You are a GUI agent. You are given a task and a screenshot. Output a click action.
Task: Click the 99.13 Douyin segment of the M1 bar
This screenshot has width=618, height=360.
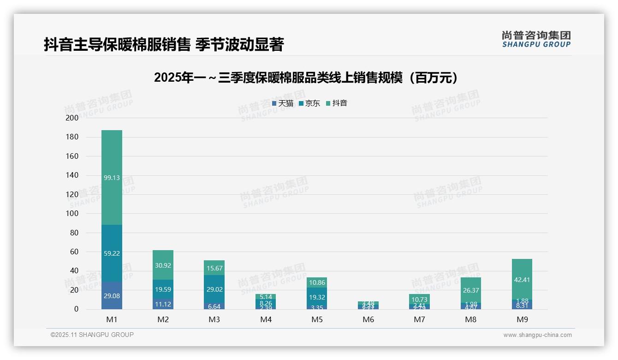[x=112, y=178]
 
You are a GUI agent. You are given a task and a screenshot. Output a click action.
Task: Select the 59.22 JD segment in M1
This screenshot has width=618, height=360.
[x=112, y=253]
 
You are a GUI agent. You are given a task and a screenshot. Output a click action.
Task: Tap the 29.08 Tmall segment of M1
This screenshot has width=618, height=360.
[x=112, y=295]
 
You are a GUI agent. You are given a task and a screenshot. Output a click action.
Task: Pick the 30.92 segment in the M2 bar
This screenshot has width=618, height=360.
[x=163, y=265]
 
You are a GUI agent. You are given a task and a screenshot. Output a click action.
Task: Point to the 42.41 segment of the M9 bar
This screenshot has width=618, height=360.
[x=522, y=279]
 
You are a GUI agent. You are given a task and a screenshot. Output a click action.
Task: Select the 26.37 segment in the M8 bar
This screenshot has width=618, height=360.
[x=470, y=290]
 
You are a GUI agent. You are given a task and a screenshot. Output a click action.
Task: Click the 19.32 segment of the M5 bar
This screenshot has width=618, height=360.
[x=316, y=298]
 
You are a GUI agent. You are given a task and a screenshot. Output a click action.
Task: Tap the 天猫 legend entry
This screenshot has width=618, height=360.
[x=283, y=103]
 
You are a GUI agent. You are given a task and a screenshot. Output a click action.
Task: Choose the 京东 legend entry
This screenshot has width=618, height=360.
[x=309, y=103]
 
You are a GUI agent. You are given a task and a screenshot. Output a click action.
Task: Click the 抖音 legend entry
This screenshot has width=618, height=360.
[x=337, y=103]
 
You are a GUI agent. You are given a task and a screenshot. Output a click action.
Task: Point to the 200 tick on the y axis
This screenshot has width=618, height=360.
[x=72, y=118]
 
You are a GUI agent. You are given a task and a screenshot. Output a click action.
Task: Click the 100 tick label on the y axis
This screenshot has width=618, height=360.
[x=72, y=214]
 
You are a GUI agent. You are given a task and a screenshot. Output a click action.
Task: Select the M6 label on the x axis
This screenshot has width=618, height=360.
[x=368, y=319]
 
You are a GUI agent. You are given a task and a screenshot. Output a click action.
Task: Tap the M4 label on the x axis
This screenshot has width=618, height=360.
[x=266, y=319]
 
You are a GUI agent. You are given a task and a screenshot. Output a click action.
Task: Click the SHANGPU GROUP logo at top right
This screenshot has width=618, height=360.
[x=536, y=39]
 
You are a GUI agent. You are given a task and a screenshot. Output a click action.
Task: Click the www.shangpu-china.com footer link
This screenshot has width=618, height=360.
[x=537, y=335]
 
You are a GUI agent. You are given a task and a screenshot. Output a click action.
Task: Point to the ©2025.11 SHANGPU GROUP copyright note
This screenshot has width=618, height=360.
[x=92, y=335]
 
